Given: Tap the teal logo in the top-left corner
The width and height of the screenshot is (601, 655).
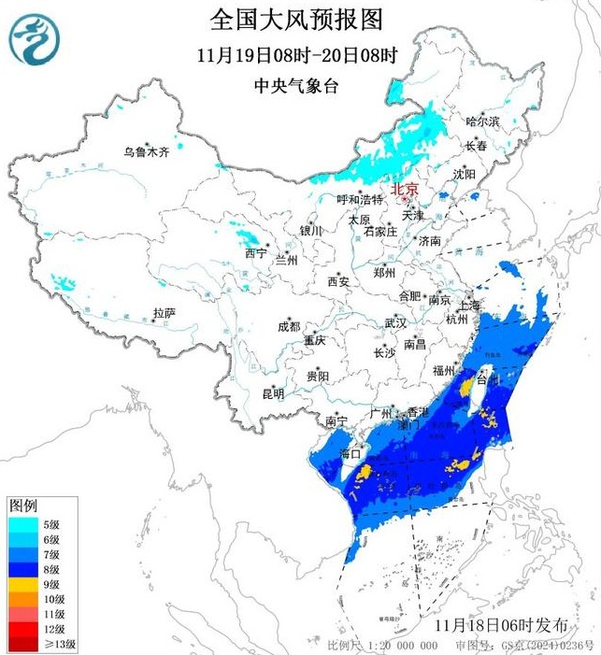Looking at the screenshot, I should pos(34,38).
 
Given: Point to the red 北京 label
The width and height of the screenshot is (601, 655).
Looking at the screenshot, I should pos(405,186).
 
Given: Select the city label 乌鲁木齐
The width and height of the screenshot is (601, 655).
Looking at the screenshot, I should pos(147,151).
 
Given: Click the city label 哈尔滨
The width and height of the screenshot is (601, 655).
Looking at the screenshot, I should pos(482,122).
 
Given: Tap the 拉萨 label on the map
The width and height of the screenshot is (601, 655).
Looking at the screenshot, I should pos(165,313).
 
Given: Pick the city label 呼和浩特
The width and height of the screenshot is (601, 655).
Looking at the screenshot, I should pos(360,200).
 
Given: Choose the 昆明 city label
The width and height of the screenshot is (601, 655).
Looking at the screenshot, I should pos(273,394).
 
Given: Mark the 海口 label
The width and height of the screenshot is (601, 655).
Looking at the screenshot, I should pos(351,453).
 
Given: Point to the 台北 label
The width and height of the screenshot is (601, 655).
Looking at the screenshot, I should pos(489,380).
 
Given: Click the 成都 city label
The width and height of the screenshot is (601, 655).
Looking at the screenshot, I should pos(289,326).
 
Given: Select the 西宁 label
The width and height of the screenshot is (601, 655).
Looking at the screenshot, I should pos(255,253).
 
